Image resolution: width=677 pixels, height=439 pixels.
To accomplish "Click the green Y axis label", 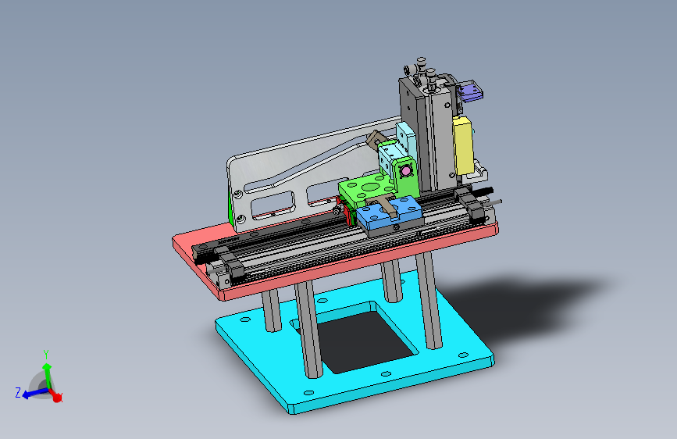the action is point(46,355).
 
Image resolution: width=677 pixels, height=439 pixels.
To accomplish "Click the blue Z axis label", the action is point(18,393).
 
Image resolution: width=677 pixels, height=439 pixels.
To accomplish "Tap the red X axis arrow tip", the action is point(57,398).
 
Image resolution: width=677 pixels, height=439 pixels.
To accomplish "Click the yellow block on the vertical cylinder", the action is point(463,145).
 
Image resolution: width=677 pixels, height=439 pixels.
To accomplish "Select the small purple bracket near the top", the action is point(470,91).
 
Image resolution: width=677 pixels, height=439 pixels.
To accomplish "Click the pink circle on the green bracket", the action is point(405,171).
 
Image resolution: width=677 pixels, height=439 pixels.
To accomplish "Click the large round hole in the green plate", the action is point(369,187).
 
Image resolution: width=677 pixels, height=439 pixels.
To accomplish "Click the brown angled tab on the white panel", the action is point(375,139).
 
